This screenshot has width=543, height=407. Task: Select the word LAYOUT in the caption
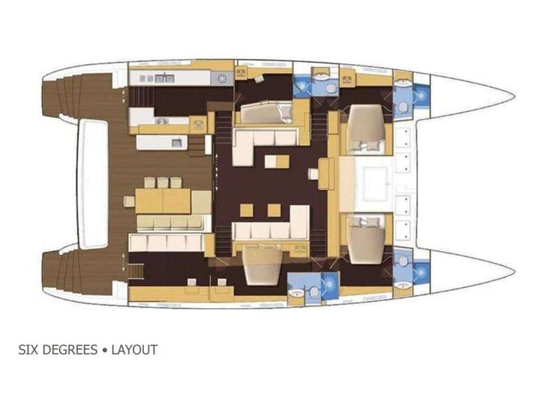[135, 350]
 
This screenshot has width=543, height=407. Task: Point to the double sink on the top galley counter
[165, 77]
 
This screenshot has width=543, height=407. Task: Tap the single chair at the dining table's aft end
[129, 201]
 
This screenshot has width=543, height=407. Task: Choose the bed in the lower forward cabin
[365, 237]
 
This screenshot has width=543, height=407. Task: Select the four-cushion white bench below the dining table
[166, 242]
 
